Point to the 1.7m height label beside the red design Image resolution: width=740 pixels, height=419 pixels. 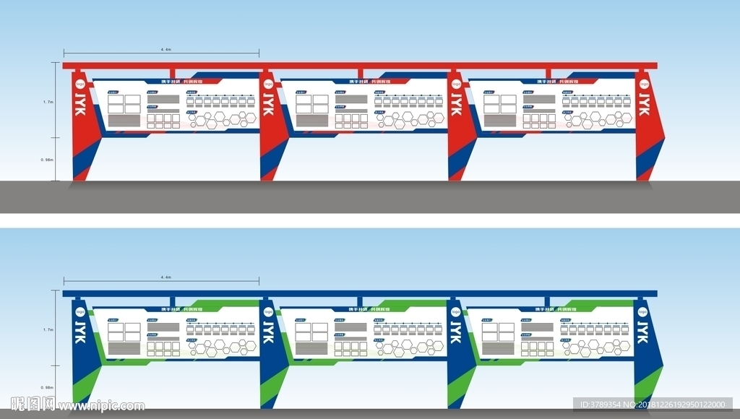tap(48, 102)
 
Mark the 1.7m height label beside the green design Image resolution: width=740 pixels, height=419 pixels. tap(48, 329)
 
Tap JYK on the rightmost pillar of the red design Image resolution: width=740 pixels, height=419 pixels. tap(643, 103)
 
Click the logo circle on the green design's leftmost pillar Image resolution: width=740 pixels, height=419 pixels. tap(80, 312)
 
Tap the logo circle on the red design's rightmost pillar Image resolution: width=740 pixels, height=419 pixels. tap(643, 85)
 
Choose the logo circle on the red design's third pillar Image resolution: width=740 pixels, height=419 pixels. tap(456, 85)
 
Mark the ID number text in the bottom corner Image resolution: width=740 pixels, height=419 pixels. tap(655, 405)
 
